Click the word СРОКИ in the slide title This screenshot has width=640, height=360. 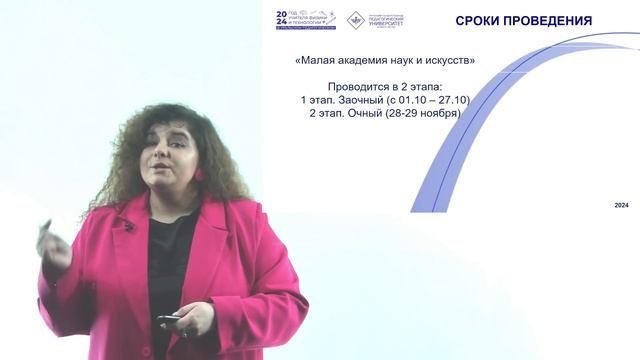[x=480, y=21]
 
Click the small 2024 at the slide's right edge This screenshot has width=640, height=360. [x=622, y=204]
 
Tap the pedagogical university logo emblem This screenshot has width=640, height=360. [x=355, y=20]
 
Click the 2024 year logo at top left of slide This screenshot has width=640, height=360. [x=282, y=20]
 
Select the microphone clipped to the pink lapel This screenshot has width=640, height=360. [x=128, y=226]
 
